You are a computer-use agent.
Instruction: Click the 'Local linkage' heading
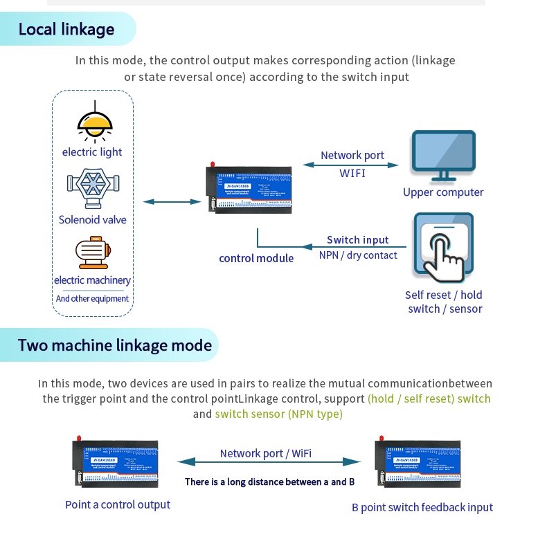point(66,30)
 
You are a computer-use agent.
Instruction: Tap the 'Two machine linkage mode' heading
point(115,345)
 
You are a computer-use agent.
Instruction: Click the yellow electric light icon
point(94,121)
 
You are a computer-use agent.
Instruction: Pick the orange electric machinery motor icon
point(92,253)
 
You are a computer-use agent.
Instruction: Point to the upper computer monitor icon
point(443,157)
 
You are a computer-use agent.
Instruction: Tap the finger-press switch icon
point(444,250)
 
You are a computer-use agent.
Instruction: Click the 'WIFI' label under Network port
point(352,173)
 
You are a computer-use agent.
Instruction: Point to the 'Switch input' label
point(357,240)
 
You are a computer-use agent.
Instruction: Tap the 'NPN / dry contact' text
point(358,255)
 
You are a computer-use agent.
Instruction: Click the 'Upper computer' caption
point(443,192)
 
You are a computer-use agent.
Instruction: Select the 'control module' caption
point(256,258)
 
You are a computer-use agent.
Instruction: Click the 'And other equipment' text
point(92,299)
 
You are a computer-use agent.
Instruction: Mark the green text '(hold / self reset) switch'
point(429,398)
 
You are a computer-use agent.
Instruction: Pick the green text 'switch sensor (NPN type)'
point(278,414)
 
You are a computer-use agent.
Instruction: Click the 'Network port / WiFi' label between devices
point(266,453)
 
